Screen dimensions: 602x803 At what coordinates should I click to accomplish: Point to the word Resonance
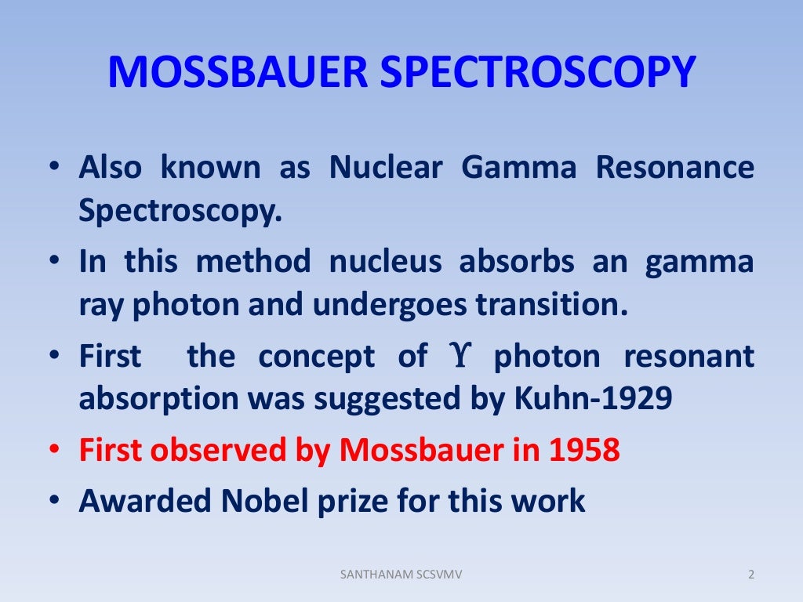point(675,168)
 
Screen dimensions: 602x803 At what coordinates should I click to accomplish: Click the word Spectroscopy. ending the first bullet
point(180,211)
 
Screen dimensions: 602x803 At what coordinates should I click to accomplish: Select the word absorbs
point(516,261)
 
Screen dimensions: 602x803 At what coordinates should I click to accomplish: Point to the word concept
point(317,357)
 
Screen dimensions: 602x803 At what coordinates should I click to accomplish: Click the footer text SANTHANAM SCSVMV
point(401,575)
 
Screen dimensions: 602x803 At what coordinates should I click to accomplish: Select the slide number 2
point(750,575)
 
